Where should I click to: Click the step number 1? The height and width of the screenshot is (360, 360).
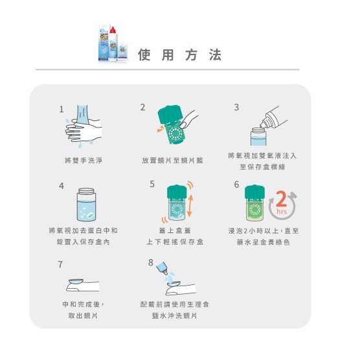(x=62, y=109)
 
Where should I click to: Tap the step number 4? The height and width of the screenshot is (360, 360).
(x=62, y=186)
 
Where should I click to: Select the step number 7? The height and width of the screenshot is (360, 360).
(x=60, y=264)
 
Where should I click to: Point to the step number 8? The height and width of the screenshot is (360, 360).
(x=151, y=262)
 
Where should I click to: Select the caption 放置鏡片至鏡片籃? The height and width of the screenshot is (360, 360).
(x=173, y=159)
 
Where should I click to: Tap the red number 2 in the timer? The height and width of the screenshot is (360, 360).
(x=280, y=198)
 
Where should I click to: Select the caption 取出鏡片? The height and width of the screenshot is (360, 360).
(x=82, y=315)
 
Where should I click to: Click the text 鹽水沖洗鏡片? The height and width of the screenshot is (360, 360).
(x=173, y=315)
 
